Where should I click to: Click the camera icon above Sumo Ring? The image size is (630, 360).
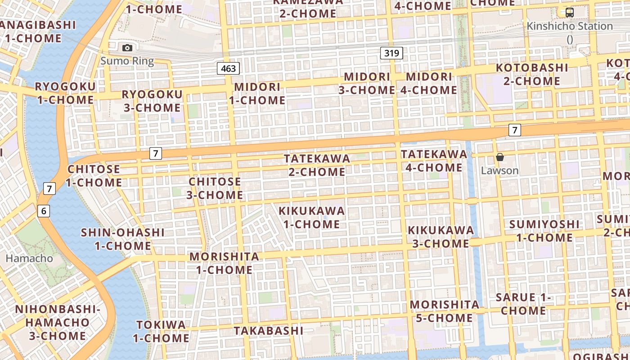click(x=127, y=48)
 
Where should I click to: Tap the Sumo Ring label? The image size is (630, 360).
click(x=127, y=61)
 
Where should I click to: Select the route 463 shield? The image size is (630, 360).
click(x=229, y=68)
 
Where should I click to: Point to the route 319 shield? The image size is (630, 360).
click(x=391, y=53)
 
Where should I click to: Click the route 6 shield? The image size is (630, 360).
click(x=44, y=210)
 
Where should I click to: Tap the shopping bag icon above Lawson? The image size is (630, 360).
click(x=499, y=157)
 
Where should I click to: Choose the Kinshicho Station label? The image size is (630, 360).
click(x=570, y=26)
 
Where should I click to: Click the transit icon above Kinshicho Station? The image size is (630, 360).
click(x=570, y=13)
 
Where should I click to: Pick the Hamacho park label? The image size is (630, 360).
click(x=29, y=258)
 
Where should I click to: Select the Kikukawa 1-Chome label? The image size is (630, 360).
click(x=311, y=217)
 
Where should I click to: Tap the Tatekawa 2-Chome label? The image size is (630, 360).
click(x=317, y=165)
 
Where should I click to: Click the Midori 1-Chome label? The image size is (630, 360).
click(x=257, y=93)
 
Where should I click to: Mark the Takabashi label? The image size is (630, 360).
click(x=269, y=331)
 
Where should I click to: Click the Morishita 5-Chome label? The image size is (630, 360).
click(x=445, y=311)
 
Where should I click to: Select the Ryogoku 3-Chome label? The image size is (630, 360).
click(x=152, y=101)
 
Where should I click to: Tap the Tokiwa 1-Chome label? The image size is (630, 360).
click(x=161, y=331)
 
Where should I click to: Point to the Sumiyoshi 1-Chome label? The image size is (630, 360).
click(x=544, y=230)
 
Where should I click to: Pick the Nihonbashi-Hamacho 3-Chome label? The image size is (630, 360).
click(x=57, y=322)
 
